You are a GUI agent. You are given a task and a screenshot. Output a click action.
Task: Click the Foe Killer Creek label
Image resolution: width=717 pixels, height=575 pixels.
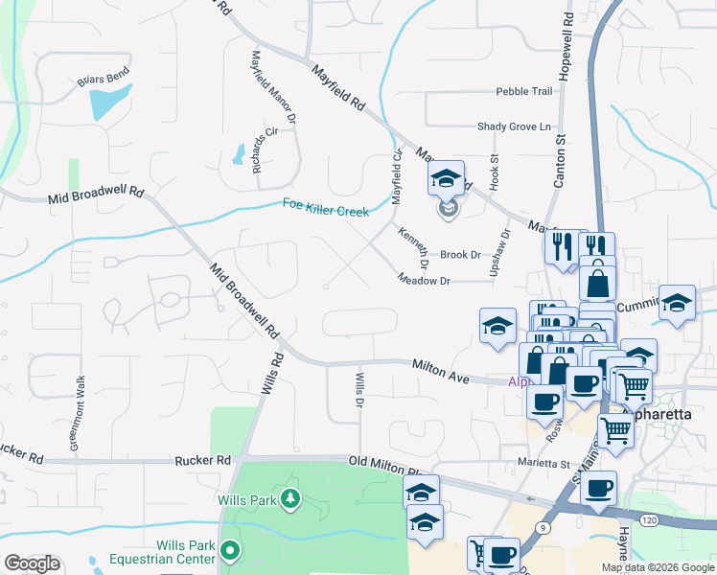tap(326, 205)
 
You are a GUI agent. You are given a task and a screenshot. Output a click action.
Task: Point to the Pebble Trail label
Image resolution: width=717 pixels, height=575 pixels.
tap(524, 91)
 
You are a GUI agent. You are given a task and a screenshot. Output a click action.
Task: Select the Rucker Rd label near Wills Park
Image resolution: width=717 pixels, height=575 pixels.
tap(204, 461)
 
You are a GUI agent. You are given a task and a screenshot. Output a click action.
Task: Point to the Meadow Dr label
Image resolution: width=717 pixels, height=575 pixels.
tap(425, 280)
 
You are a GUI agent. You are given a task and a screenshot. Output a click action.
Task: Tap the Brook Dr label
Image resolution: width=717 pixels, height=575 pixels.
tap(460, 255)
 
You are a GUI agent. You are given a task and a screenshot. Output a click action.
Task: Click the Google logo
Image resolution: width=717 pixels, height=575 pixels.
tap(32, 563)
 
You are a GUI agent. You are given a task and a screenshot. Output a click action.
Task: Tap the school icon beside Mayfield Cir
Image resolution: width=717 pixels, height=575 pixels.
tap(447, 179)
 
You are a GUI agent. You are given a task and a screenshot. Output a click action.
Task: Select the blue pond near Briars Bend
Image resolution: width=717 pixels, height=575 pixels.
tap(110, 101)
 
